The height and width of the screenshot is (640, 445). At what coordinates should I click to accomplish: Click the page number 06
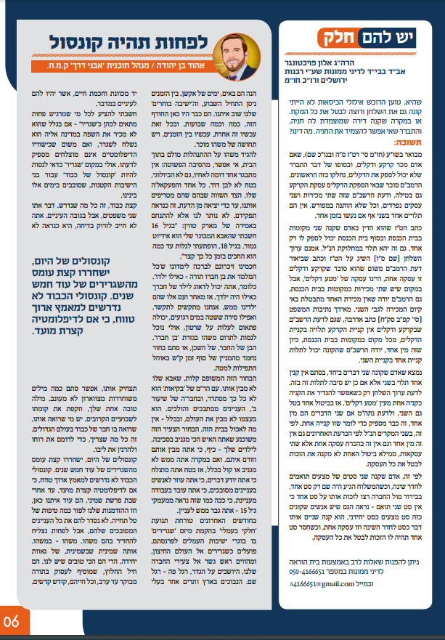click(x=12, y=622)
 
